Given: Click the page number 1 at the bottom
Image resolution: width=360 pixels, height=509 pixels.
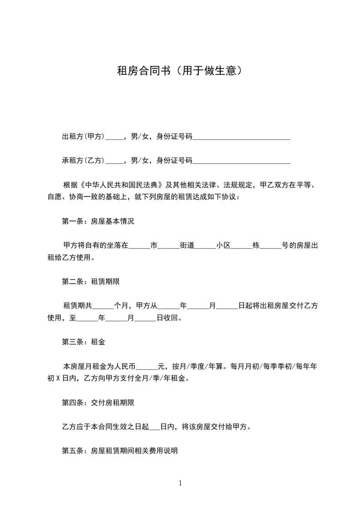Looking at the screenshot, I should [x=180, y=483].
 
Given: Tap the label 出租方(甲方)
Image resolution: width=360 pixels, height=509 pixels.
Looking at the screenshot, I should [x=84, y=136].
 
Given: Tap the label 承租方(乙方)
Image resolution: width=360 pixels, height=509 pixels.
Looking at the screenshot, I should [x=84, y=160].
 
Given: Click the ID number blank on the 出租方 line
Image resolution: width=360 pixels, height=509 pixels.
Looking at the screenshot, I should [x=242, y=137].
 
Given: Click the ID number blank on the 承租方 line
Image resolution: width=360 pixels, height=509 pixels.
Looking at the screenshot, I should [x=242, y=161].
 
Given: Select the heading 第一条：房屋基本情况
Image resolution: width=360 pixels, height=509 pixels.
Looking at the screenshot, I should [x=98, y=222].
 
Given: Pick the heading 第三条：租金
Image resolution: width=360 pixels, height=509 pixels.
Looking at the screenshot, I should [x=84, y=342].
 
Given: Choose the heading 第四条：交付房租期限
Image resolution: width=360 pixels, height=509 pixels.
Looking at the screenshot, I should [x=98, y=402].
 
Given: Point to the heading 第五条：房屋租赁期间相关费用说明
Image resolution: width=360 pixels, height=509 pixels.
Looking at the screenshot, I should [x=120, y=451].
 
